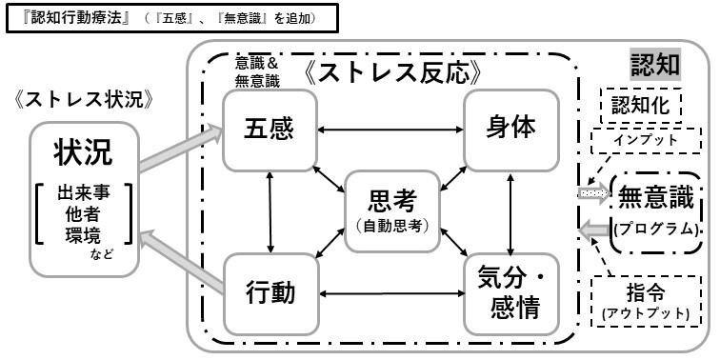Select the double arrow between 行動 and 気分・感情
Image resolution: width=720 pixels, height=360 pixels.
pos(392,292)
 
